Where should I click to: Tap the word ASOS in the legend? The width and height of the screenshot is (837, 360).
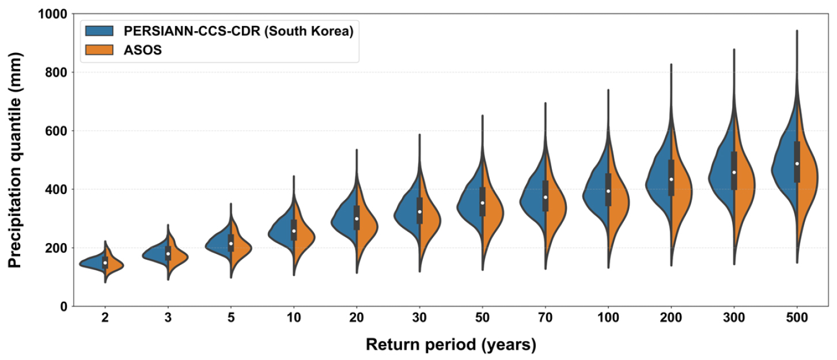[x=143, y=50]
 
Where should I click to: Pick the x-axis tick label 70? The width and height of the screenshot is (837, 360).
[x=545, y=317]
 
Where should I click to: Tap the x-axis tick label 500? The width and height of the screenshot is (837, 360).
[x=797, y=317]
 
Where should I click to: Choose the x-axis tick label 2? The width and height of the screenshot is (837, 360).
[x=105, y=317]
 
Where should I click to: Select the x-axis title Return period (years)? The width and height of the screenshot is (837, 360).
[x=451, y=345]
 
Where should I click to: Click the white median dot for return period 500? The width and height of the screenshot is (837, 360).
[x=797, y=164]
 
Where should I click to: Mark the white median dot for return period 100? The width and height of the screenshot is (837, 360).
[x=608, y=191]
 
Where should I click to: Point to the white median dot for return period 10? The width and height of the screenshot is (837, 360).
[x=294, y=231]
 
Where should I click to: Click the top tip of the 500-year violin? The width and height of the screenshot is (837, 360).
[x=797, y=31]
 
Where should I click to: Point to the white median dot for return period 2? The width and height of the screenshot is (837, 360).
[x=105, y=263]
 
